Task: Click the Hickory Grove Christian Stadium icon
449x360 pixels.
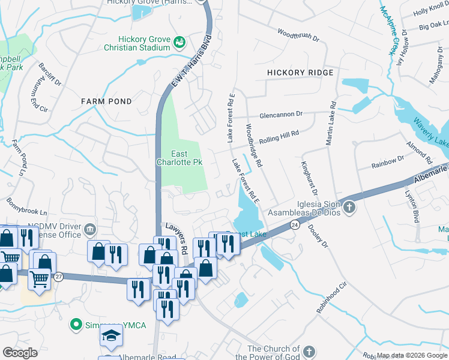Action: click(x=179, y=42)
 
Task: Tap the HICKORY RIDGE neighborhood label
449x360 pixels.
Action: click(x=300, y=73)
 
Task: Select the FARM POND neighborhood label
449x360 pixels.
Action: click(x=106, y=101)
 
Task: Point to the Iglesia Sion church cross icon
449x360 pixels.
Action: click(x=349, y=209)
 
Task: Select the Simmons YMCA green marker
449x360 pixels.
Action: click(x=76, y=325)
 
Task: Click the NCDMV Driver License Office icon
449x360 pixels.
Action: click(x=89, y=229)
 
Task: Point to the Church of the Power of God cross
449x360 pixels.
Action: click(x=309, y=352)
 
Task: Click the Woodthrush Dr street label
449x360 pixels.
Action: click(x=298, y=35)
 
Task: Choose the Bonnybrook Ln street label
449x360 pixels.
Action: click(x=26, y=212)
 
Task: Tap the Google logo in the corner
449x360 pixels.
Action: click(x=20, y=353)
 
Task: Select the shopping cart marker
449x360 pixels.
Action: click(x=38, y=278)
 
